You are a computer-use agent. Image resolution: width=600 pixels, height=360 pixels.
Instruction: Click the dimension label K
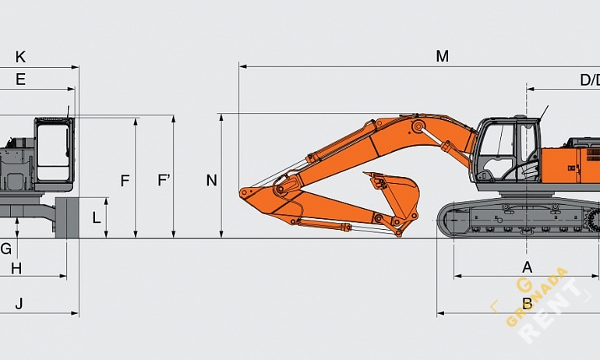20,57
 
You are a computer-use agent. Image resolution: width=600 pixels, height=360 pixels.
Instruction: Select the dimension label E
20,79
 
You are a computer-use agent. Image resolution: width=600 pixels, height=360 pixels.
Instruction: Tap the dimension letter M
442,56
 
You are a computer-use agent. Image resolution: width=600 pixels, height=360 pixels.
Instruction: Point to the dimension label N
211,181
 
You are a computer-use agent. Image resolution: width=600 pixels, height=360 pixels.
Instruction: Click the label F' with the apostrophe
164,181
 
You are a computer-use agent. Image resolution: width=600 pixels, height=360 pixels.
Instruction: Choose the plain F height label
125,181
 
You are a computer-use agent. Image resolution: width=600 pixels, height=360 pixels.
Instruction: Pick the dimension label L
97,217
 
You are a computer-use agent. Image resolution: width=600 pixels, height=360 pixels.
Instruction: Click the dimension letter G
5,249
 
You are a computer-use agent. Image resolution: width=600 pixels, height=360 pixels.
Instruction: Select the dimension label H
16,268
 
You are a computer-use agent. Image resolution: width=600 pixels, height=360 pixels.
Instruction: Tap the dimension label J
19,303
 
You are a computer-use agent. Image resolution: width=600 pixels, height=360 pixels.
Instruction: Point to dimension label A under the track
527,266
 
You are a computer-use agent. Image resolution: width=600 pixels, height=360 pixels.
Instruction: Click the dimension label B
527,303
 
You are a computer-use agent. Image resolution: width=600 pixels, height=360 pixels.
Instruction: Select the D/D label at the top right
589,79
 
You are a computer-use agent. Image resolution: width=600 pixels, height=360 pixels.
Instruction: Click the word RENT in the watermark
553,312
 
